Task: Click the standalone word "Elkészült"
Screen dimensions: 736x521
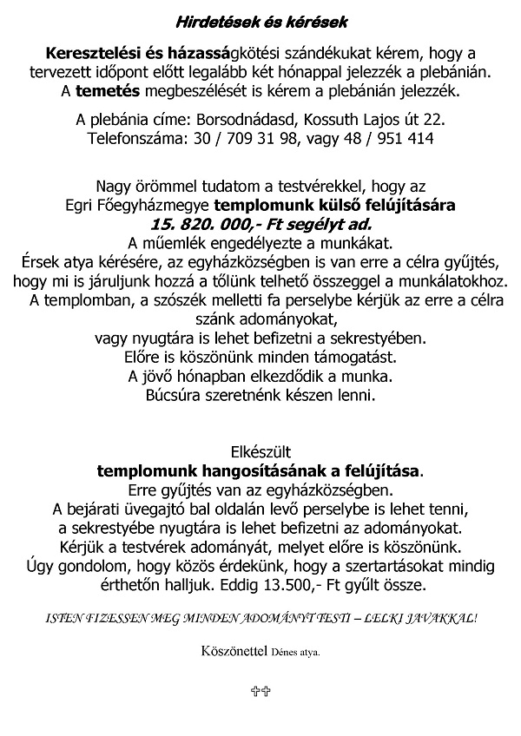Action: pyautogui.click(x=260, y=452)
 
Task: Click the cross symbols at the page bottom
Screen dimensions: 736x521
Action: pyautogui.click(x=260, y=691)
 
